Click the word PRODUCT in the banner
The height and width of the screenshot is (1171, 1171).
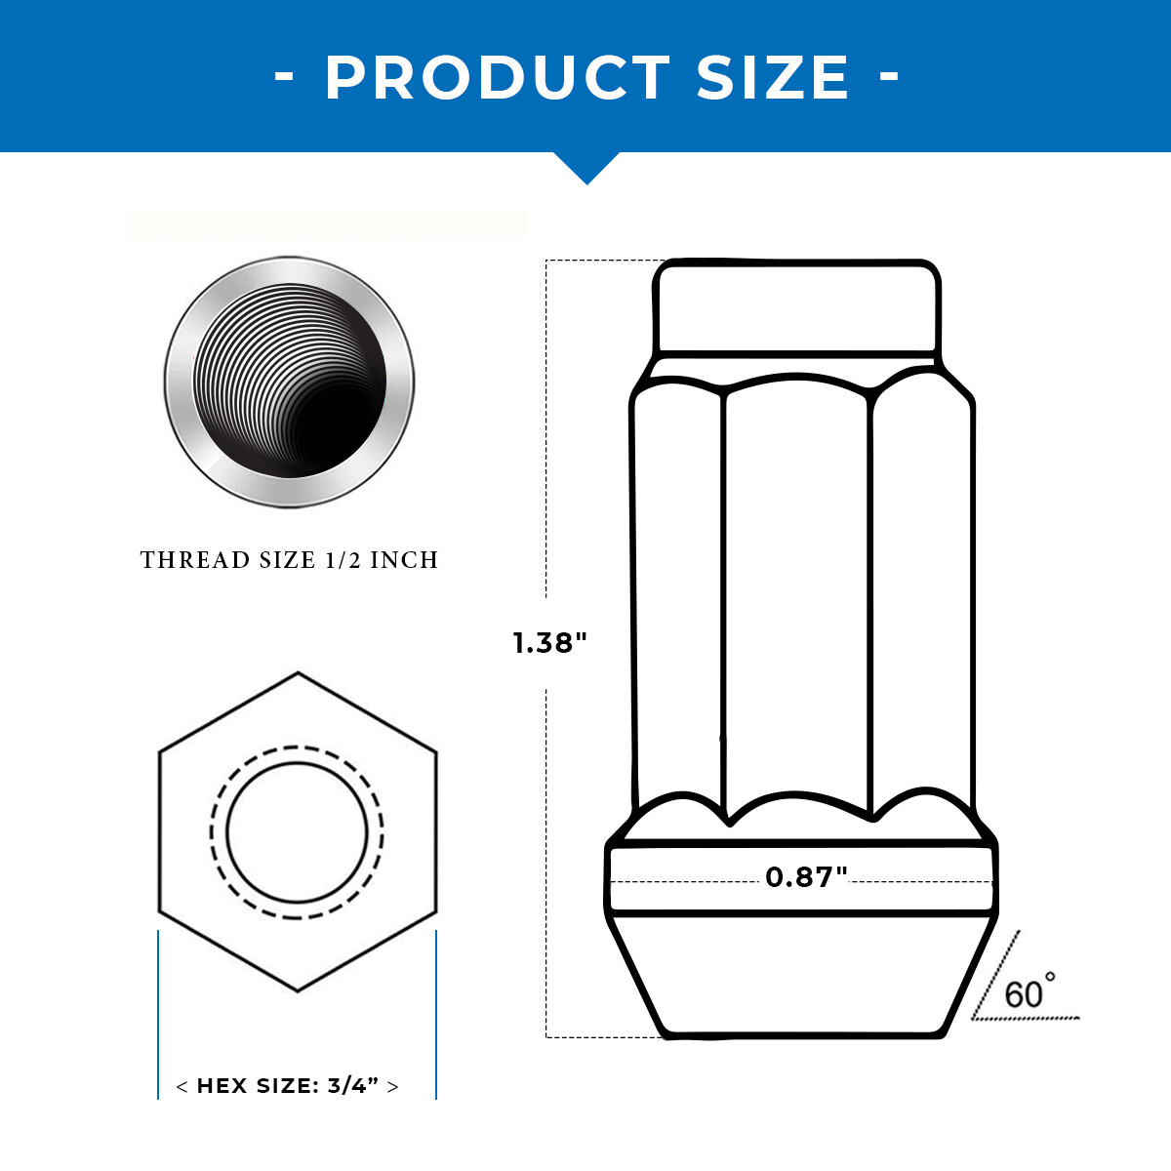pos(498,77)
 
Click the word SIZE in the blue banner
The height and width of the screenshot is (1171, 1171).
pos(772,77)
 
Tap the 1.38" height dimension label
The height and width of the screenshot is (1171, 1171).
pos(550,643)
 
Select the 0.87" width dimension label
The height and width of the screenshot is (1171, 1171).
pos(806,877)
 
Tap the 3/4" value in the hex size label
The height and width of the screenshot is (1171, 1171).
pos(353,1085)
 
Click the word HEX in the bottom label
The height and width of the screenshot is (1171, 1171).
pos(222,1085)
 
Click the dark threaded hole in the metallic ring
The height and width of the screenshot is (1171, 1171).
pos(289,381)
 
